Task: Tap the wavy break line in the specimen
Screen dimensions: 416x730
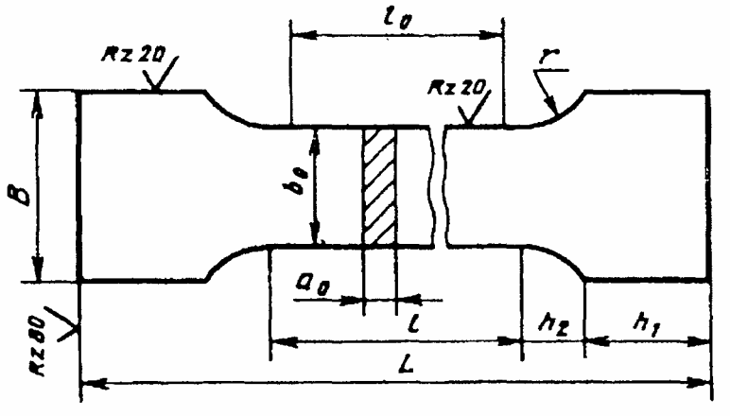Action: point(438,188)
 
